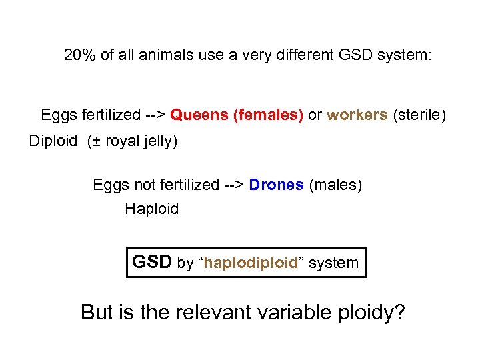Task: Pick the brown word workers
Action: coord(357,115)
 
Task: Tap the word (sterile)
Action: coord(419,115)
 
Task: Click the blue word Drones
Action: coord(276,185)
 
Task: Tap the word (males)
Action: coord(335,185)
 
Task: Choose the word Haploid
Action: coord(152,209)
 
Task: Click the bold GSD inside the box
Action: coord(152,262)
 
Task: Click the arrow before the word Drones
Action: coord(233,185)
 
